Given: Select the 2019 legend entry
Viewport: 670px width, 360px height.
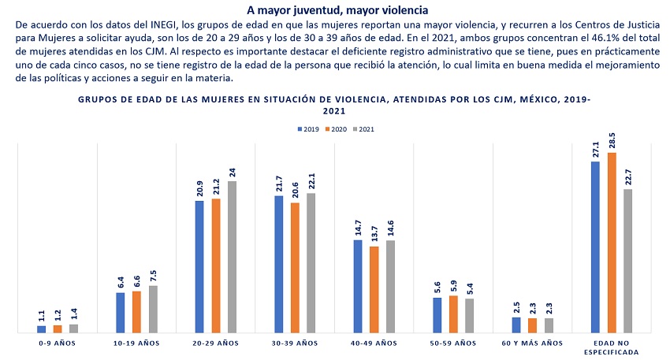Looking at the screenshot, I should pos(308,128).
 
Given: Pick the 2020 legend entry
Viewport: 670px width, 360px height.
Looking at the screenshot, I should pos(338,128).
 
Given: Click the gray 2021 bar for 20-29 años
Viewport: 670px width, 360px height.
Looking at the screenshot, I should pos(232,257).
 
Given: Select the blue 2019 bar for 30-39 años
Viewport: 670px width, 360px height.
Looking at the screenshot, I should pos(279,264).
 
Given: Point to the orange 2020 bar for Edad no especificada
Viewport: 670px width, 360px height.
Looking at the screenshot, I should pos(612,243).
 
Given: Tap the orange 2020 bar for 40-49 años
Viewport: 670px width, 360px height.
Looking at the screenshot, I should pos(374,289).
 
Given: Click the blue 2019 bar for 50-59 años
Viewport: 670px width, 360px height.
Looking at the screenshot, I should pos(437,315).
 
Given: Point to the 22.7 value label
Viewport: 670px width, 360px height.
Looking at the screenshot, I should pos(628,176).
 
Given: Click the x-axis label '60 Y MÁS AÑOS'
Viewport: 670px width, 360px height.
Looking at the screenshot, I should pos(532,343).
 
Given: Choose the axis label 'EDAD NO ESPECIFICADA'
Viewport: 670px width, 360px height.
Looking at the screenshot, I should pos(612,347).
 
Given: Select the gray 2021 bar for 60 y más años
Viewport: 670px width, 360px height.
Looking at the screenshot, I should pos(549,325).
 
